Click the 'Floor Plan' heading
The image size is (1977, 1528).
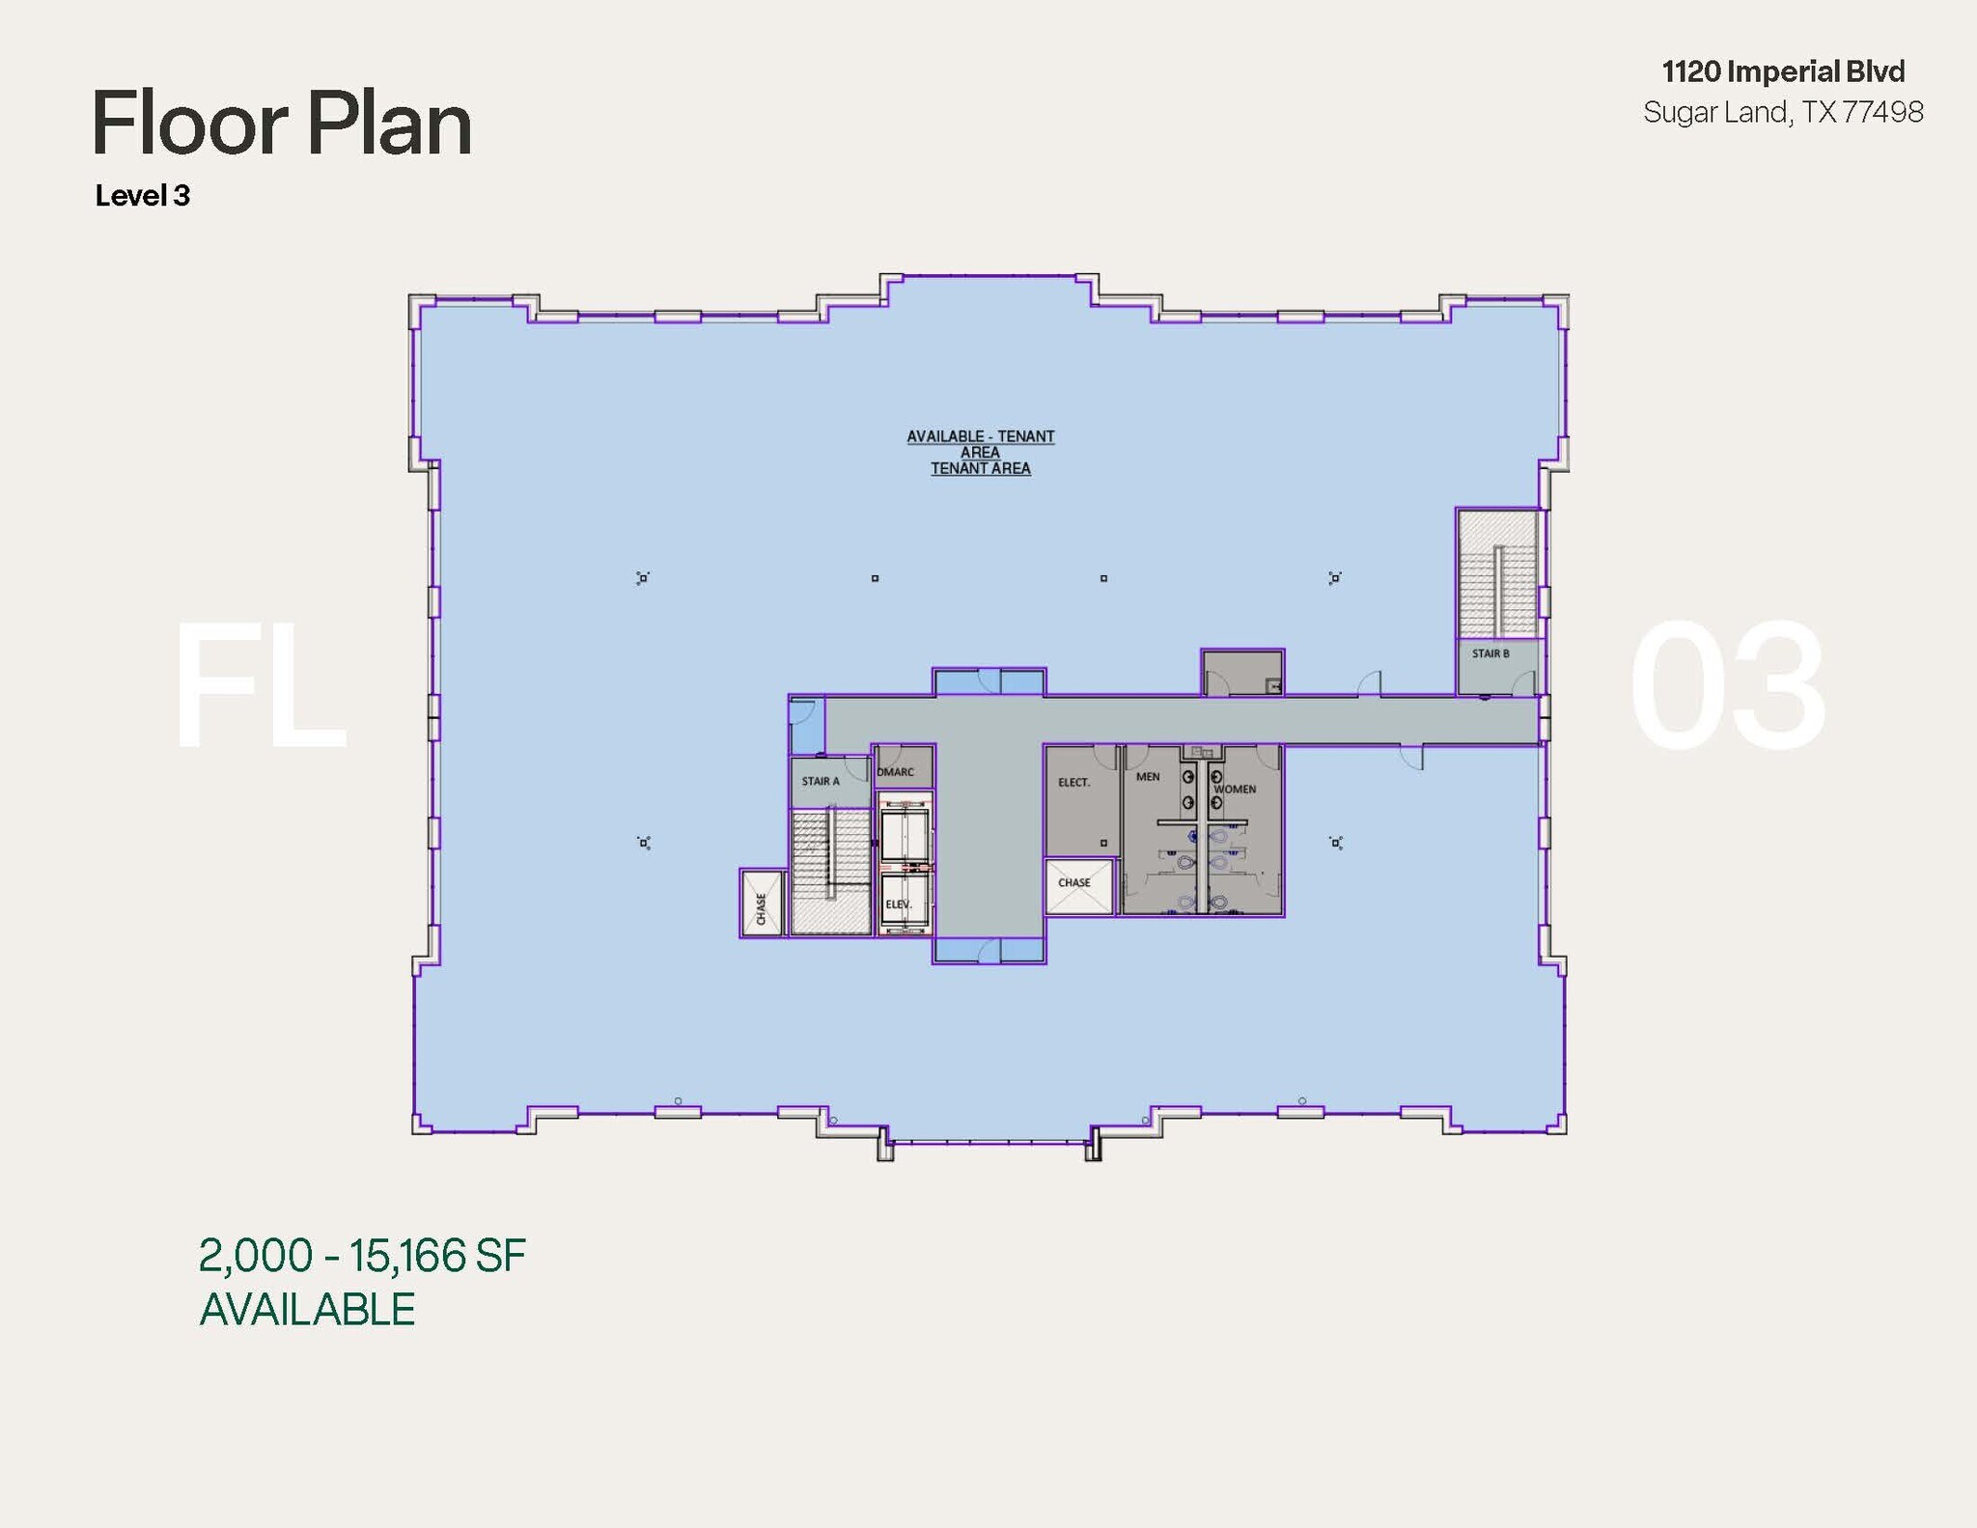point(282,124)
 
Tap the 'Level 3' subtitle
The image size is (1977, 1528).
point(142,196)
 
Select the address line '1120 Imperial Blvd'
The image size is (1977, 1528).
point(1783,71)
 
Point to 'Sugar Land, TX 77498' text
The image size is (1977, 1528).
point(1783,113)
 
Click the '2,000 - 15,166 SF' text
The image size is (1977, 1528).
point(362,1256)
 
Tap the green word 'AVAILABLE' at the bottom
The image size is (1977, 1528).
point(307,1310)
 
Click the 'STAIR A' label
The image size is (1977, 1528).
point(821,781)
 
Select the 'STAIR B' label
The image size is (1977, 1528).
point(1490,653)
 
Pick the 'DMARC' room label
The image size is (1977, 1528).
point(896,771)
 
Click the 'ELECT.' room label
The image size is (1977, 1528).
point(1073,782)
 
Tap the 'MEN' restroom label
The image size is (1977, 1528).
point(1148,776)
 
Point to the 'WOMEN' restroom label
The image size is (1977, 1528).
point(1235,789)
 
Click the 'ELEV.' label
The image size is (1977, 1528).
point(899,904)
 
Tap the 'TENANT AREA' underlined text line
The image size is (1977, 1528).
point(980,469)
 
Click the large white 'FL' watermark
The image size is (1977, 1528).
point(259,685)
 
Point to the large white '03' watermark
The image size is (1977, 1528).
point(1727,685)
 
